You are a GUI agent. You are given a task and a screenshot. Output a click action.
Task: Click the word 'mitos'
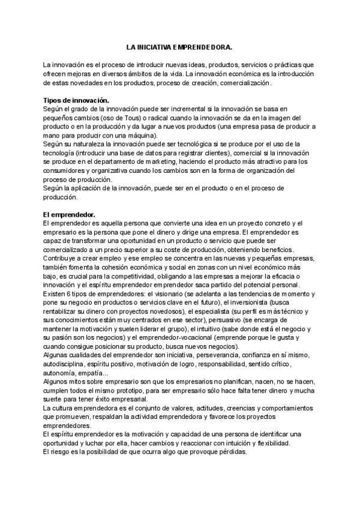coord(84,382)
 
